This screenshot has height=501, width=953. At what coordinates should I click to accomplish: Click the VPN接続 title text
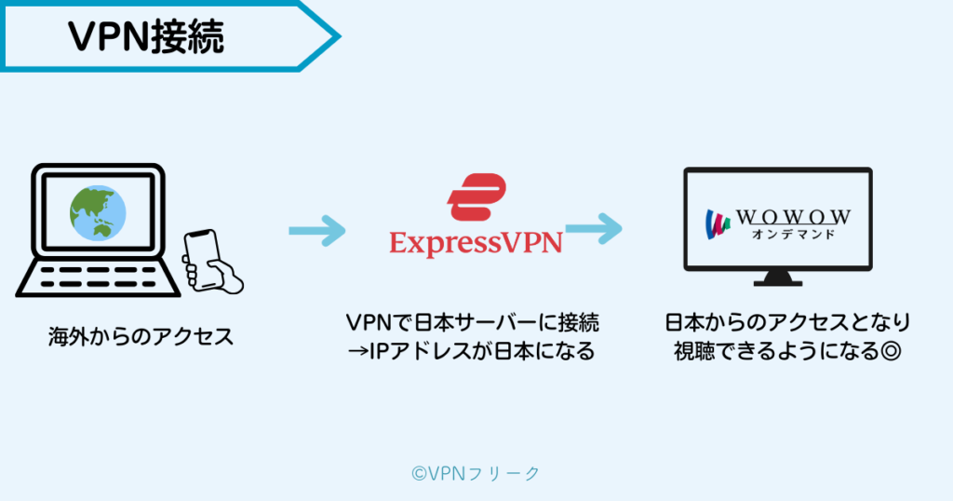tap(145, 38)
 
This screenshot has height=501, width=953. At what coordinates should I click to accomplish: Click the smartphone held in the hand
tap(201, 252)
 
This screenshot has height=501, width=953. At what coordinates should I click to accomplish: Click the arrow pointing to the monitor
tap(593, 228)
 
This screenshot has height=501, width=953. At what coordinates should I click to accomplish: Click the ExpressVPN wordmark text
tap(476, 244)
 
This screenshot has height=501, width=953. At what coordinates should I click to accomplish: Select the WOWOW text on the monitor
tap(793, 217)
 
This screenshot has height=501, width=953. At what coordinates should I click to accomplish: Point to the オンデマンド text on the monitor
tap(793, 234)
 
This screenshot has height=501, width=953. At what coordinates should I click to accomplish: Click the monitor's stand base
tap(777, 279)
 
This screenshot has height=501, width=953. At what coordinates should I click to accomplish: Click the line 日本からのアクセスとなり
tap(787, 323)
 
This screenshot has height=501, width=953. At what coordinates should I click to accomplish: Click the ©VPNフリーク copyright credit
tap(475, 473)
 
